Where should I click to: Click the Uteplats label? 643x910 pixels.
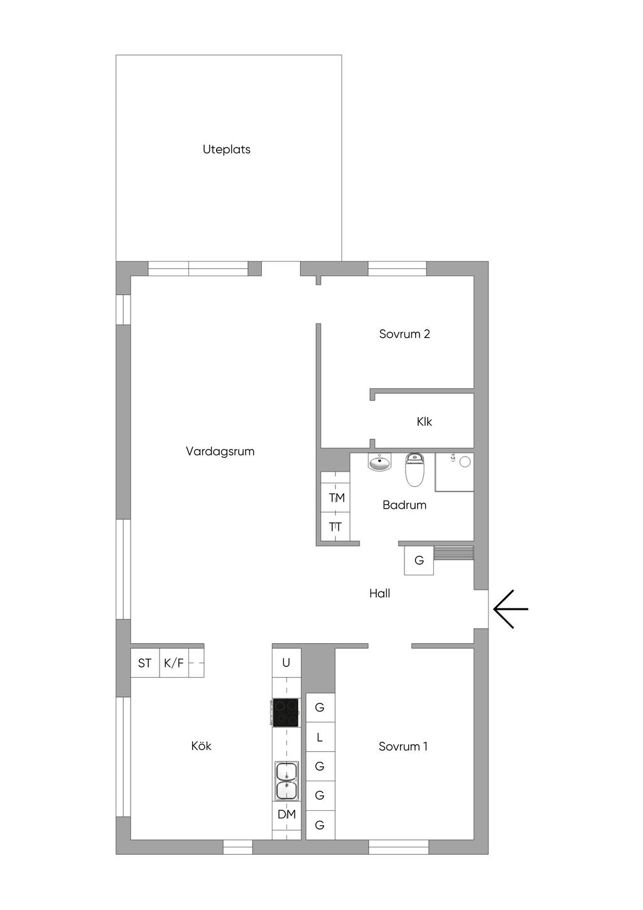click(x=226, y=149)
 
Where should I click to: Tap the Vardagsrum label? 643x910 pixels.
click(x=220, y=452)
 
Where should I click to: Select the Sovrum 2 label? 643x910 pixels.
click(x=404, y=334)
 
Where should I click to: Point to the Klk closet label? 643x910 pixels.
click(x=424, y=421)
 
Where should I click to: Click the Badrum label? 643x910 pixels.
click(x=404, y=505)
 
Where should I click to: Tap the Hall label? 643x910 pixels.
click(x=380, y=593)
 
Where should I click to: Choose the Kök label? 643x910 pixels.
click(x=201, y=746)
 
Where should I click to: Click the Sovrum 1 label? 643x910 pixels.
click(x=403, y=746)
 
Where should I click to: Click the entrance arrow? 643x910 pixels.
click(x=511, y=609)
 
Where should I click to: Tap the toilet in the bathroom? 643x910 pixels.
click(x=414, y=470)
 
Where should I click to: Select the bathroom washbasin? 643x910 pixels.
click(x=380, y=462)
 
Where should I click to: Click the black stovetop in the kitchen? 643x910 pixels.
click(x=286, y=712)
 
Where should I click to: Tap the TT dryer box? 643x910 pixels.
click(x=335, y=526)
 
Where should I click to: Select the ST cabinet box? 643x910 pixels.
click(x=145, y=663)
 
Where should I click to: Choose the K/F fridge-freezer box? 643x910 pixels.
click(x=174, y=663)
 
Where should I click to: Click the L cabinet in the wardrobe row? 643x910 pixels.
click(x=320, y=737)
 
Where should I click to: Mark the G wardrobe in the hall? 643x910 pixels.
click(x=419, y=561)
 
